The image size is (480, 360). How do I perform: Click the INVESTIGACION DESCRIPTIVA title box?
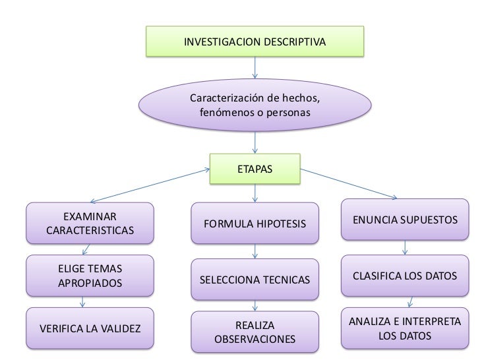pyautogui.click(x=255, y=41)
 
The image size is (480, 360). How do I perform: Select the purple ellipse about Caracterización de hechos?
pyautogui.click(x=255, y=105)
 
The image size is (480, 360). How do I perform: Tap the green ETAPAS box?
pyautogui.click(x=255, y=169)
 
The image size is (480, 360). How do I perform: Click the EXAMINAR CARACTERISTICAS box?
pyautogui.click(x=90, y=224)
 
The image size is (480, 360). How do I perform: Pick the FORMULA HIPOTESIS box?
pyautogui.click(x=255, y=224)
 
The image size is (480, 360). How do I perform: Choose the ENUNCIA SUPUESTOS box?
pyautogui.click(x=405, y=218)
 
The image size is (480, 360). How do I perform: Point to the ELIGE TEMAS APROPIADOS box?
pyautogui.click(x=90, y=276)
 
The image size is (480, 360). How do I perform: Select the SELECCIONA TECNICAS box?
pyautogui.click(x=255, y=281)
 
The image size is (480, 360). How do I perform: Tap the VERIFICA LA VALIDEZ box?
pyautogui.click(x=90, y=328)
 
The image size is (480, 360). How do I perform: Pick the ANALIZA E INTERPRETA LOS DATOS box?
pyautogui.click(x=405, y=328)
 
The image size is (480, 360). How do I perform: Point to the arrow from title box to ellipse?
pyautogui.click(x=255, y=69)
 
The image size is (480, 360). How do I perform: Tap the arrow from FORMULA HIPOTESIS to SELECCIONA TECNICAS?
pyautogui.click(x=255, y=253)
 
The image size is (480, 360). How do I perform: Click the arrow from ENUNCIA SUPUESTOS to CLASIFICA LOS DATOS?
pyautogui.click(x=405, y=247)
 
